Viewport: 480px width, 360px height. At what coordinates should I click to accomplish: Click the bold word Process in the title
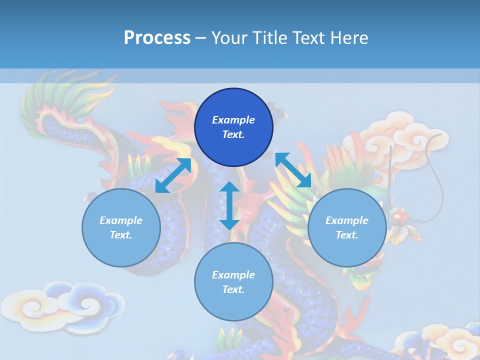[x=157, y=38]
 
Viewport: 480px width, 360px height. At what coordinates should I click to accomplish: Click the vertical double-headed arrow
[x=229, y=205]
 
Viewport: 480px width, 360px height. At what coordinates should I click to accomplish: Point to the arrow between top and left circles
[x=173, y=175]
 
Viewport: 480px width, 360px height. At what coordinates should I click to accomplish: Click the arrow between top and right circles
[x=293, y=170]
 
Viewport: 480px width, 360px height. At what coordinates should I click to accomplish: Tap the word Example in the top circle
[x=233, y=120]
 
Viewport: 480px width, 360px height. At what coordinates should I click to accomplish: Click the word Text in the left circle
[x=121, y=235]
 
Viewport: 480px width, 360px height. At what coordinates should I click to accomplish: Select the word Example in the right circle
[x=346, y=220]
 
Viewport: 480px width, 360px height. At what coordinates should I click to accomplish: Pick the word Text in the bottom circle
[x=233, y=289]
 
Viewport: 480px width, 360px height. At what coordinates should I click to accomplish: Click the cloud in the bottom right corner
[x=445, y=340]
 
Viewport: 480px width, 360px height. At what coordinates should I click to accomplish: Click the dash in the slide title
[x=201, y=38]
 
